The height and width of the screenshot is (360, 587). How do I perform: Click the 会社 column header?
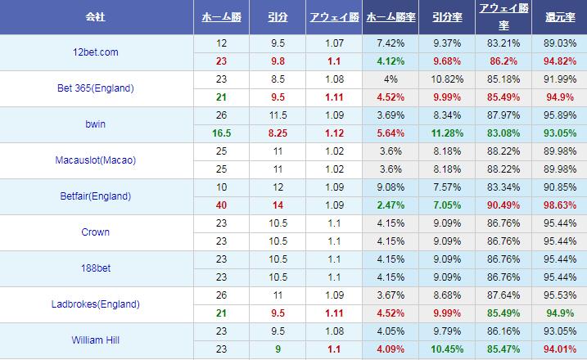(95, 16)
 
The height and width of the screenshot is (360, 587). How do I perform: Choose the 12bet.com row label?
(95, 52)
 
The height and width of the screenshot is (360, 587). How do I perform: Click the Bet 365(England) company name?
(95, 88)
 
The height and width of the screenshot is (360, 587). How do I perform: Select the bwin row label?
(95, 124)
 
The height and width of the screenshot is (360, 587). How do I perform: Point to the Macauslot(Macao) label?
(95, 160)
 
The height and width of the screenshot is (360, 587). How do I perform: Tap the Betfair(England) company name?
(95, 196)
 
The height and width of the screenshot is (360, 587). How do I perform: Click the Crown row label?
(95, 232)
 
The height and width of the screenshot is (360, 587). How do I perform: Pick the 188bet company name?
(95, 268)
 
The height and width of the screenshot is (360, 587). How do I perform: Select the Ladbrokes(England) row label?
(95, 304)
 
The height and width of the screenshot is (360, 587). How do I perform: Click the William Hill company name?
(95, 340)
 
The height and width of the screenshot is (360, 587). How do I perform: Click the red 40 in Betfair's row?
(221, 205)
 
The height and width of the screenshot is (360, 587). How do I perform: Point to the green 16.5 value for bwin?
(221, 133)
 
